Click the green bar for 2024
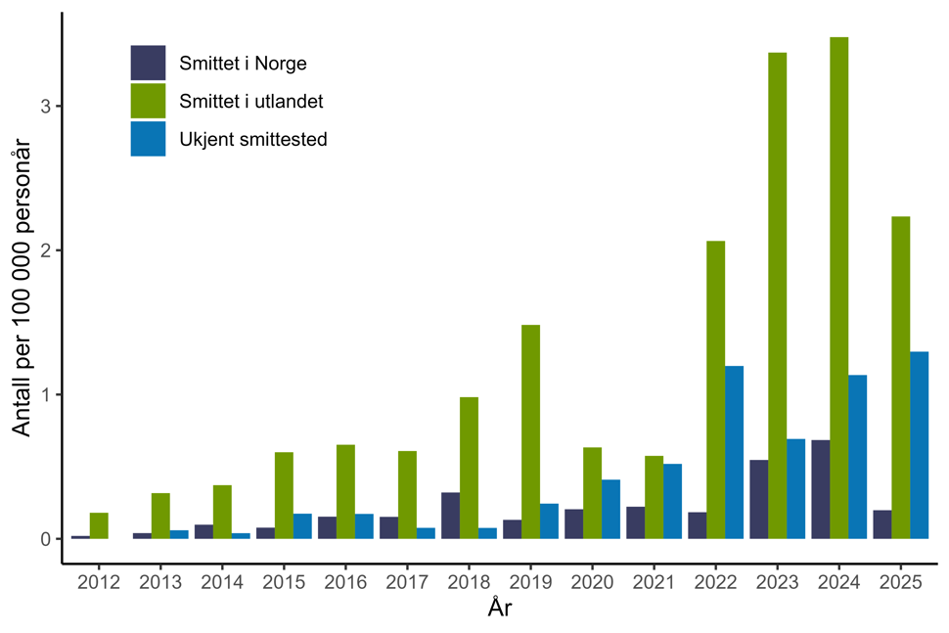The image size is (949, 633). click(x=838, y=288)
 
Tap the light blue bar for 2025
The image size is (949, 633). click(x=919, y=445)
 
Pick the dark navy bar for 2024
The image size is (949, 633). click(x=820, y=489)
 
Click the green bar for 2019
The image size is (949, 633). click(x=530, y=431)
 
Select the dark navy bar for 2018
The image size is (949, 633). click(x=450, y=516)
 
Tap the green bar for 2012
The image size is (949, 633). click(x=99, y=525)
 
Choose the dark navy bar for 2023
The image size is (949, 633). click(x=758, y=499)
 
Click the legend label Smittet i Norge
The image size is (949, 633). click(x=243, y=65)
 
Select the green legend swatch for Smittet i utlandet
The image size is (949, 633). click(x=149, y=101)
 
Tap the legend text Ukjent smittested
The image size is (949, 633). click(x=252, y=139)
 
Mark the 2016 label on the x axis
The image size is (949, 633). click(x=345, y=582)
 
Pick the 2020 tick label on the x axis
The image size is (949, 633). click(x=592, y=582)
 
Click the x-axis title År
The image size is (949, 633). click(x=500, y=610)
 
